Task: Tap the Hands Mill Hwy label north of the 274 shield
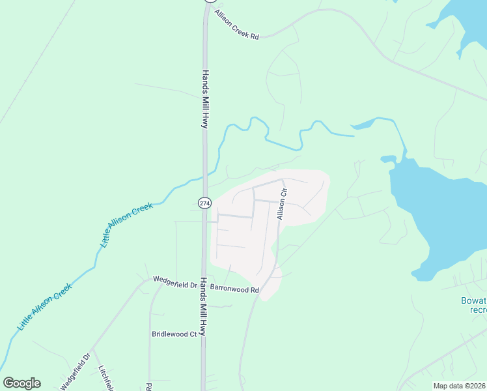[x=204, y=98]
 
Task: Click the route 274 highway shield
[x=204, y=203]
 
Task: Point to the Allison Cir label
[x=283, y=203]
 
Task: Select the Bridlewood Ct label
[x=174, y=334]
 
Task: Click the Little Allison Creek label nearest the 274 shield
[x=126, y=225]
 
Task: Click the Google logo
[x=21, y=383]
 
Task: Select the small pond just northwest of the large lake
[x=389, y=158]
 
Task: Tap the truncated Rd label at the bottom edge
[x=149, y=386]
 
